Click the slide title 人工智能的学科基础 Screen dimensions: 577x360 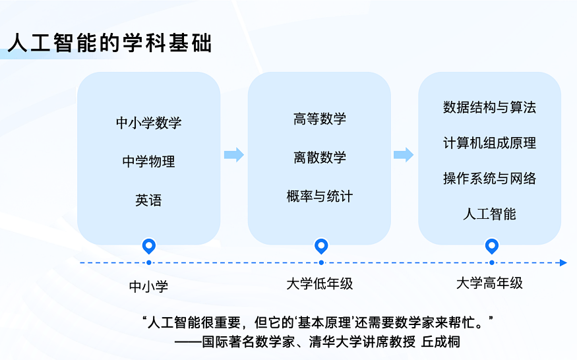point(109,43)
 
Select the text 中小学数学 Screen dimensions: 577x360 point(148,123)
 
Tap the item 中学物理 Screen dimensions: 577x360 point(148,162)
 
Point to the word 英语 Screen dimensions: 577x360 point(148,200)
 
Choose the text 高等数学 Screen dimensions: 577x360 point(320,119)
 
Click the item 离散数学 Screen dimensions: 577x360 point(320,158)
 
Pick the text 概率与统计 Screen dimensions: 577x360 point(320,196)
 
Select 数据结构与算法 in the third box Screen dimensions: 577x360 point(489,107)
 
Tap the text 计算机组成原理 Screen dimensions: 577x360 point(489,143)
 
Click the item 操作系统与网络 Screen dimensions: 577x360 point(489,179)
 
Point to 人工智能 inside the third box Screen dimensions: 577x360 point(489,214)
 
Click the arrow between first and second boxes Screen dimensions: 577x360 point(234,154)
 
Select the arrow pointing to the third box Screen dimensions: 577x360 point(404,154)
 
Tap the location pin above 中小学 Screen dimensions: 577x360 point(148,246)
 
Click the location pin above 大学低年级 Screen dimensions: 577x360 point(321,246)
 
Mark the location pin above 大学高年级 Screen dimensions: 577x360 point(492,246)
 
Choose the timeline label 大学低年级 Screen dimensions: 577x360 point(320,284)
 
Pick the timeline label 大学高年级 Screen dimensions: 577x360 point(489,283)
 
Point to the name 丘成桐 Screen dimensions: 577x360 point(441,342)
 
